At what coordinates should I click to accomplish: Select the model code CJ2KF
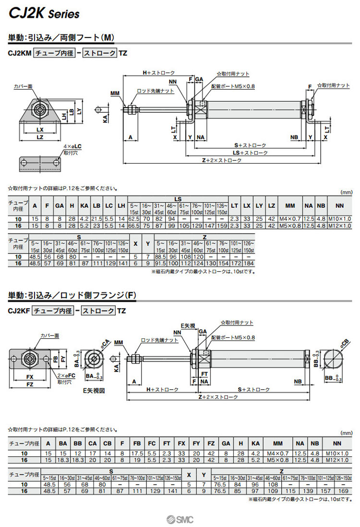19,311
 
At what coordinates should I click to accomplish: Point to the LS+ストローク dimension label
250,153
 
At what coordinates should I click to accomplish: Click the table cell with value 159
221,226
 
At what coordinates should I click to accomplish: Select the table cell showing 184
248,263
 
